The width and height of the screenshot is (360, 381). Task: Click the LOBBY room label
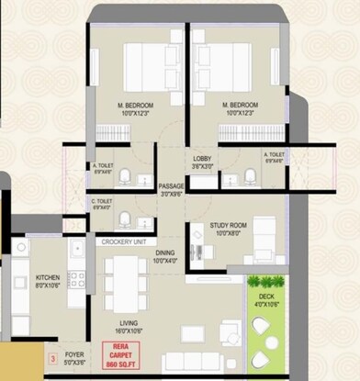click(x=202, y=159)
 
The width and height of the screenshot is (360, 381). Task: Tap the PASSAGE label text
click(x=172, y=186)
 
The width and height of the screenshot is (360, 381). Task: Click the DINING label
click(x=165, y=252)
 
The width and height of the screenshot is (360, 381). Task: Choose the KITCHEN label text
click(x=47, y=277)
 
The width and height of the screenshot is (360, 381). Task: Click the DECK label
click(x=265, y=297)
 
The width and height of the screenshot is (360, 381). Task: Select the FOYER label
click(x=73, y=353)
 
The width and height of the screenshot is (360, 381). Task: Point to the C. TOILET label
click(x=101, y=200)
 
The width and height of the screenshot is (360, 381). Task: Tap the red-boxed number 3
click(x=53, y=354)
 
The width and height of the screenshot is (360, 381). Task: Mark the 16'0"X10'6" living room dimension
click(x=130, y=331)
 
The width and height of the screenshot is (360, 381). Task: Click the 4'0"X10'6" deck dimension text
click(x=265, y=305)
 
